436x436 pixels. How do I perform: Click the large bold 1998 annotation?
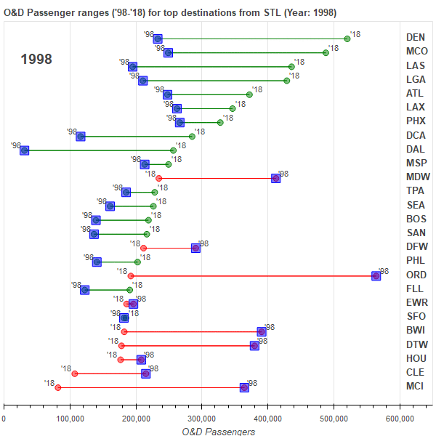(x=36, y=60)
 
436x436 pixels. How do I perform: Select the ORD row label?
(x=416, y=275)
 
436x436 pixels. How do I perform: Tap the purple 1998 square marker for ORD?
(x=376, y=276)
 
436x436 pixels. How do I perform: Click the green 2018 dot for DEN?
(x=347, y=39)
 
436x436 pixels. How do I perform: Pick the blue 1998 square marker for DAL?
(x=24, y=150)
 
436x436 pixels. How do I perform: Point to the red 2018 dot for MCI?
(x=58, y=388)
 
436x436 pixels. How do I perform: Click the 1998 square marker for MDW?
(x=275, y=178)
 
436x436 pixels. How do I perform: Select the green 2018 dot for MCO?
(x=326, y=52)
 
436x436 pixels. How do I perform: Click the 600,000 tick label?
(x=400, y=418)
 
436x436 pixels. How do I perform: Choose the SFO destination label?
(x=416, y=317)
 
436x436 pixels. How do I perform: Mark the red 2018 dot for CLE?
(x=75, y=374)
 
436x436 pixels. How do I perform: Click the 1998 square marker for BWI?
(x=262, y=332)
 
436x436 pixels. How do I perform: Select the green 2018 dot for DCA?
(x=192, y=137)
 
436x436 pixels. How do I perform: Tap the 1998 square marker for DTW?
(x=254, y=346)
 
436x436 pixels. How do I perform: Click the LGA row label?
(x=416, y=80)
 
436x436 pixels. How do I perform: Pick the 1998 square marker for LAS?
(x=132, y=66)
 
